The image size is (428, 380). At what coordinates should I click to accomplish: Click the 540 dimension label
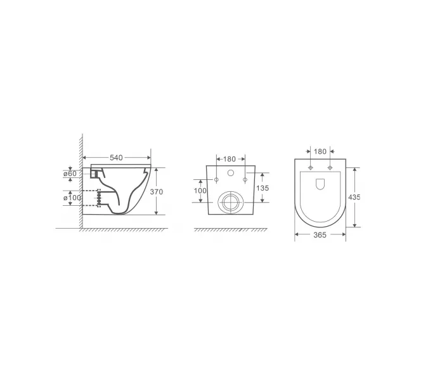click(x=116, y=158)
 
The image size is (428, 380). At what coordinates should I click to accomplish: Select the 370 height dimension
click(x=157, y=192)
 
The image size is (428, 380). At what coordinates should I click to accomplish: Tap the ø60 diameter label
click(x=70, y=174)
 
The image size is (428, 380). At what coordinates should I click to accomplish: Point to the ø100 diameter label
click(x=72, y=198)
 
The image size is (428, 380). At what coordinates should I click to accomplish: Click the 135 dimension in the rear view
click(x=263, y=188)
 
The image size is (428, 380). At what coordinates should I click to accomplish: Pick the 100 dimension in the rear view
click(x=200, y=191)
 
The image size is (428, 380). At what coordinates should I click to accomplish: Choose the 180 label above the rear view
click(x=230, y=159)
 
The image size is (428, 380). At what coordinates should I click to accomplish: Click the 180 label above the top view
click(x=320, y=151)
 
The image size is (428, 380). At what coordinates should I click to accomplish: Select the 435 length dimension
click(x=354, y=197)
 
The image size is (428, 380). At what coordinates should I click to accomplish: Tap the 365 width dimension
click(x=320, y=235)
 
